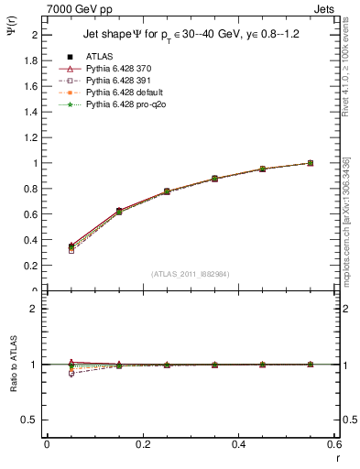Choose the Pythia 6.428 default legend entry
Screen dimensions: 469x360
pyautogui.click(x=126, y=93)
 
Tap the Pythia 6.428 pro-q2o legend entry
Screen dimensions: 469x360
pyautogui.click(x=127, y=106)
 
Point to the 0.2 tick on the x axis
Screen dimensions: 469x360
pyautogui.click(x=143, y=444)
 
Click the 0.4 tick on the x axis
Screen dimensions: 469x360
pyautogui.click(x=239, y=444)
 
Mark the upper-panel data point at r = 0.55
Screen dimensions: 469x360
pyautogui.click(x=311, y=163)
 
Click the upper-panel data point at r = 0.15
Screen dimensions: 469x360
pyautogui.click(x=118, y=212)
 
